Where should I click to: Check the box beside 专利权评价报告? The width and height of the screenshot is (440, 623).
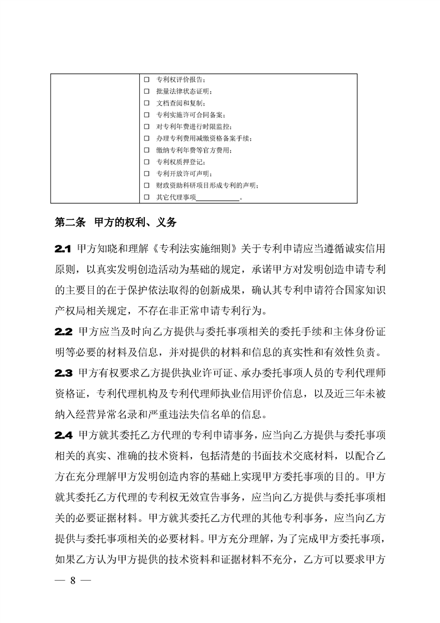146,80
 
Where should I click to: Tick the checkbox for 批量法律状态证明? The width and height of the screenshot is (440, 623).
146,92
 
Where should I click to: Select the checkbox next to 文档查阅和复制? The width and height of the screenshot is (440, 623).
146,103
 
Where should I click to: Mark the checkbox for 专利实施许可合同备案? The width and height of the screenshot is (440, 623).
146,115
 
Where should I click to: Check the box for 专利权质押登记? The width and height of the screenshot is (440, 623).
146,162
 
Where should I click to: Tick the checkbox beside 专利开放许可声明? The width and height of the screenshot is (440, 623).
146,174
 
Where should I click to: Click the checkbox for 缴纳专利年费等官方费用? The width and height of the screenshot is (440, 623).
146,150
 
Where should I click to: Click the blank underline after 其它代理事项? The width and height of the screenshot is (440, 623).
218,197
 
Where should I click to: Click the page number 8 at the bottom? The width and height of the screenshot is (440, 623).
72,581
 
